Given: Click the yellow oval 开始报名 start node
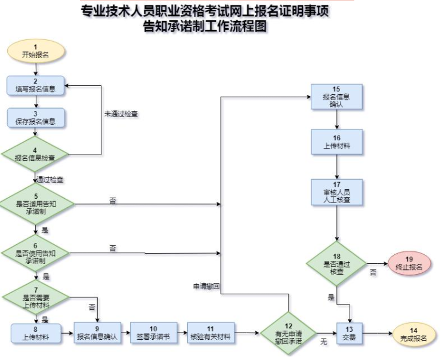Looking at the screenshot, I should click(35, 51).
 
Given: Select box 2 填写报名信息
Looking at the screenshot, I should click(36, 86).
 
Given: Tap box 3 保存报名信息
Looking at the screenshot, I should click(36, 118).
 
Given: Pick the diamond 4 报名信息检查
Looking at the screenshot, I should click(36, 154).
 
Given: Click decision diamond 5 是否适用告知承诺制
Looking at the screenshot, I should click(36, 203).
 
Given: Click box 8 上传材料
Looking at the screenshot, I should click(36, 333).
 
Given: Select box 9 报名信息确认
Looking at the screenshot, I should click(97, 333).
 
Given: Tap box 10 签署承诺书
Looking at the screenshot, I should click(153, 333).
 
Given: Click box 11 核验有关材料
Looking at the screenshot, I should click(211, 333).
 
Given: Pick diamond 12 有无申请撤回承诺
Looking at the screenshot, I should click(289, 333).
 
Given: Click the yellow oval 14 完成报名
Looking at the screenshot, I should click(413, 333).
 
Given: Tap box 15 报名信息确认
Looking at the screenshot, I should click(338, 97).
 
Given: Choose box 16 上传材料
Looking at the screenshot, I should click(338, 141).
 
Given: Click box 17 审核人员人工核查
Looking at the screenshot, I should click(338, 192).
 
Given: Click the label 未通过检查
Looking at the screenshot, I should click(121, 113).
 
